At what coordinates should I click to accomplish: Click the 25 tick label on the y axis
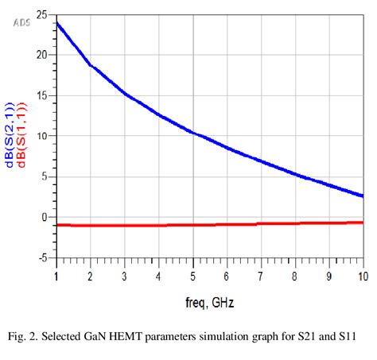[x=41, y=14]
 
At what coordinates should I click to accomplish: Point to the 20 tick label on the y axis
[x=41, y=55]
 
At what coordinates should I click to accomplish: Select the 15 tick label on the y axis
[x=41, y=95]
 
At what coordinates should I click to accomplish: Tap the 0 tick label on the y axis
[x=44, y=217]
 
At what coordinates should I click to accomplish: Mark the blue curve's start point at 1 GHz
[x=56, y=22]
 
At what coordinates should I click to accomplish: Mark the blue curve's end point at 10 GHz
[x=363, y=195]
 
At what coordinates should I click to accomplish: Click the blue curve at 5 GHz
[x=193, y=132]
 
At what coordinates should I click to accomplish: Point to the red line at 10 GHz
[x=363, y=223]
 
